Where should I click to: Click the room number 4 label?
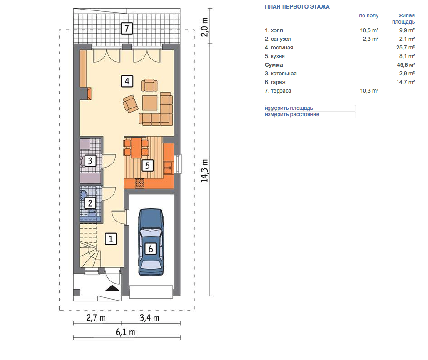click(x=127, y=81)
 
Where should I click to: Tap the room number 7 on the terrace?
click(x=127, y=28)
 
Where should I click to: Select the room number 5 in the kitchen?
click(x=147, y=165)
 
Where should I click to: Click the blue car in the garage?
click(x=151, y=242)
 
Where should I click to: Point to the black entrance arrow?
click(x=113, y=288)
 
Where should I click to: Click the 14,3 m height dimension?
click(x=205, y=171)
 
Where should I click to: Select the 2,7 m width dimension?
click(x=96, y=318)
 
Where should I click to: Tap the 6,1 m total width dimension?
click(x=125, y=332)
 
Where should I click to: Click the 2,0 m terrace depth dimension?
click(x=205, y=27)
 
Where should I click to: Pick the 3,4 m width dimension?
click(x=149, y=318)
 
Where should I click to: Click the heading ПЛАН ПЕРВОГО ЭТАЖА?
click(x=297, y=7)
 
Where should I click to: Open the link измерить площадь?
click(x=289, y=108)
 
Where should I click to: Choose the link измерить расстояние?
click(x=292, y=114)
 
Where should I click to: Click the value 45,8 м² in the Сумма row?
click(x=406, y=65)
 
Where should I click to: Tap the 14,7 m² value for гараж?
click(x=406, y=82)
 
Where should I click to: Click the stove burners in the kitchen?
click(x=140, y=183)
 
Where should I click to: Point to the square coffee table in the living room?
click(x=149, y=103)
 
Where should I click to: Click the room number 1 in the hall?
click(x=111, y=239)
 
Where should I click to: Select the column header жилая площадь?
click(x=403, y=19)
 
